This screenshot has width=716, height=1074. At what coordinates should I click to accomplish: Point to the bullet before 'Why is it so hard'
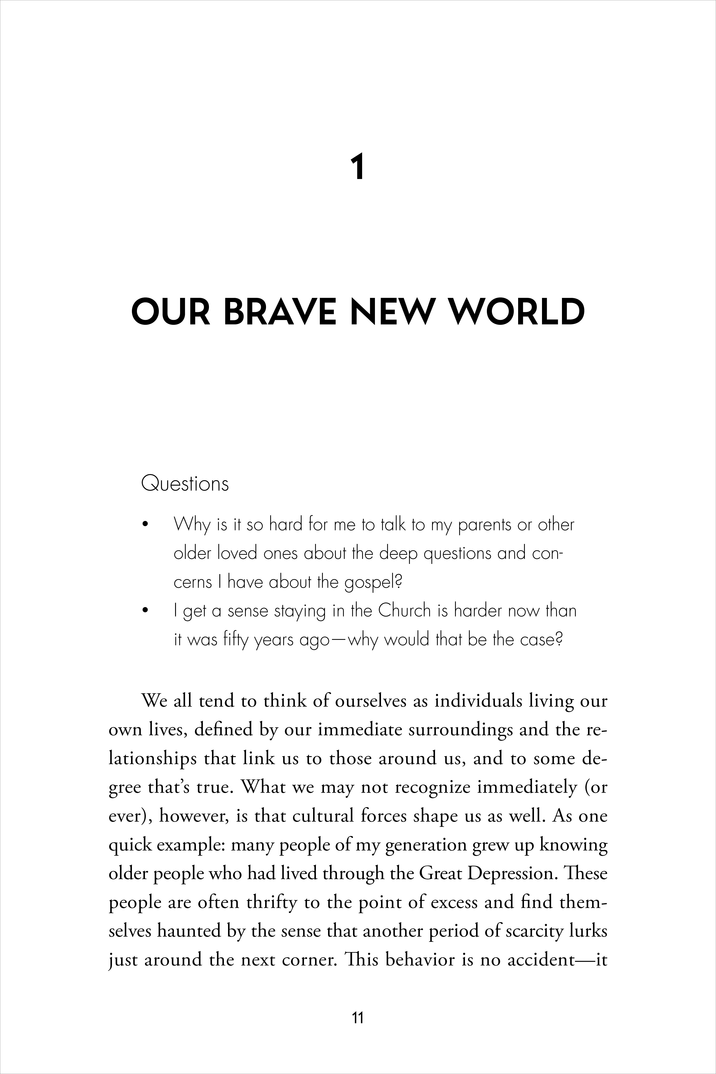[146, 525]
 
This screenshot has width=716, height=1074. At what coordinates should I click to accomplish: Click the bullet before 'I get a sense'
[146, 611]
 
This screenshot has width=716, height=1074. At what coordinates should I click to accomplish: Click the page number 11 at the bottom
[358, 1018]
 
